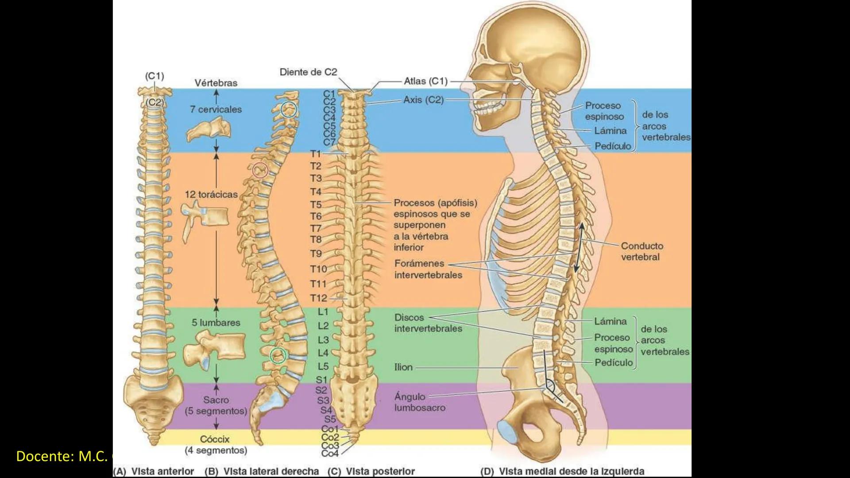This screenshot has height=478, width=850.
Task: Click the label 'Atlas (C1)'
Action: click(x=425, y=81)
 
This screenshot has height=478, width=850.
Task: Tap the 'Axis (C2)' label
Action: click(x=423, y=100)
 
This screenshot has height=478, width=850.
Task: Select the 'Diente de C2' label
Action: click(x=308, y=72)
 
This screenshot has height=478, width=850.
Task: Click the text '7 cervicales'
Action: click(x=216, y=109)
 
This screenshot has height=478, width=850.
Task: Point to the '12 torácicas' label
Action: click(x=211, y=194)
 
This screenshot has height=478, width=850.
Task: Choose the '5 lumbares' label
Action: click(x=216, y=323)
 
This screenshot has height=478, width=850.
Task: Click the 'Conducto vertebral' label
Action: click(x=641, y=251)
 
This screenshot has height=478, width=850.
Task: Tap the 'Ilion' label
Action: click(x=403, y=367)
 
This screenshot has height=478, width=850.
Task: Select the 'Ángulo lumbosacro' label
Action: click(x=419, y=402)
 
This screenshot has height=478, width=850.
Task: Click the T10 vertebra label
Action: click(x=318, y=269)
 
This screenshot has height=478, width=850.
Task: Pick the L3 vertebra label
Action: click(x=323, y=340)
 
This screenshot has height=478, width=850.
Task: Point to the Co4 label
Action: click(x=330, y=454)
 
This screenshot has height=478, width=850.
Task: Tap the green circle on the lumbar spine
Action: click(x=278, y=355)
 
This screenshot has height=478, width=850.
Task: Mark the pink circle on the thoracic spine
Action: click(x=260, y=170)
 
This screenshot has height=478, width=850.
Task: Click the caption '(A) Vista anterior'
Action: click(x=154, y=471)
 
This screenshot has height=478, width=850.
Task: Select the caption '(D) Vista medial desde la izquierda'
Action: click(x=562, y=471)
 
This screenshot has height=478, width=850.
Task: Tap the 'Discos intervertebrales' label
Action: click(x=428, y=323)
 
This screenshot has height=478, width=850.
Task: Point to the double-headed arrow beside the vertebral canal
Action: click(x=580, y=248)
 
